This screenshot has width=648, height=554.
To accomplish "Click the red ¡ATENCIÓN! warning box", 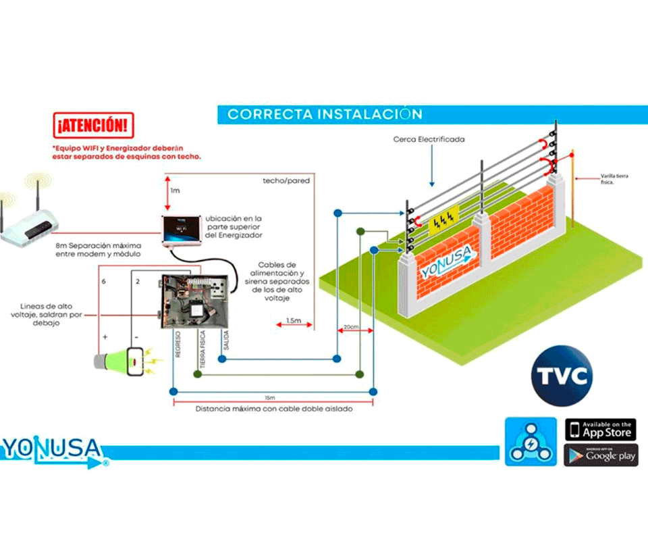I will point(92,125).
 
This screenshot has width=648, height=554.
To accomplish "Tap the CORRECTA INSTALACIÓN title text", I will point(325,114).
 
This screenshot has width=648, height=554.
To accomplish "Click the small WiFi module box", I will point(181,230).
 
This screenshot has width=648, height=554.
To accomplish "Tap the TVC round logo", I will point(562,376).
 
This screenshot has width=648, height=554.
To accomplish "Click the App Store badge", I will point(600,430).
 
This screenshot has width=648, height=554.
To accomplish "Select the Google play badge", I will point(600,455).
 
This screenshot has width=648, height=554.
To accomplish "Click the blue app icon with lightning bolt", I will point(531,441).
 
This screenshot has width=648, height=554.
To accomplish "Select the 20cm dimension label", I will point(350,326).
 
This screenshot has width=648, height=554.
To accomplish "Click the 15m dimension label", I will point(270,397).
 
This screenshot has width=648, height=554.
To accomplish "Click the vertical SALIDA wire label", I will point(225,342).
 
